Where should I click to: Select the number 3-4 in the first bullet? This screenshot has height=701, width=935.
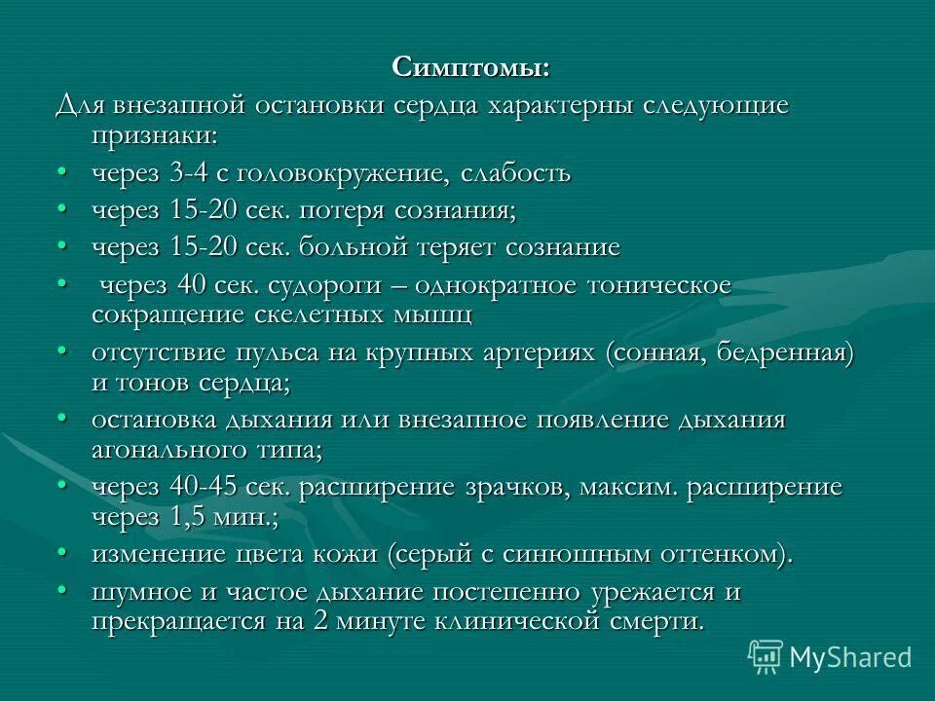coord(193,174)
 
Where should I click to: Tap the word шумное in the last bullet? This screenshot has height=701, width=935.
coord(145,592)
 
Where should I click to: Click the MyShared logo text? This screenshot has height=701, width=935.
coord(850,657)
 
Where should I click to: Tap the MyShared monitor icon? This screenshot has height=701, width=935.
coord(767,656)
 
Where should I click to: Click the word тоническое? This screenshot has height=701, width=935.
coord(659,286)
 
